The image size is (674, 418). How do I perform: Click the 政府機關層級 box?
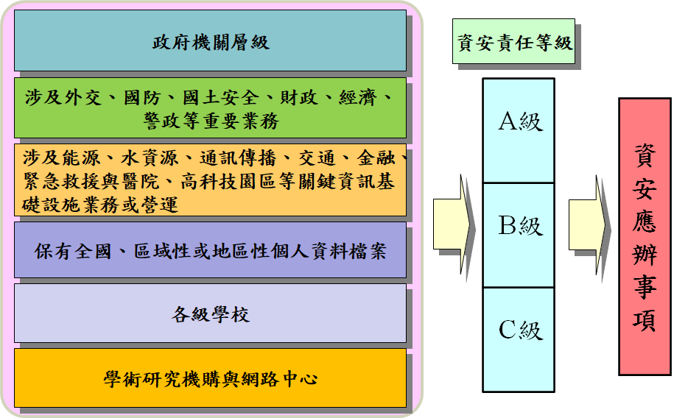pyautogui.click(x=211, y=41)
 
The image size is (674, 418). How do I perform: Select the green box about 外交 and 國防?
pyautogui.click(x=211, y=108)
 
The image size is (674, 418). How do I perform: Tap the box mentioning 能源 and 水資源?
pyautogui.click(x=211, y=180)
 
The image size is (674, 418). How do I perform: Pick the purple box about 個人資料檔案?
pyautogui.click(x=211, y=250)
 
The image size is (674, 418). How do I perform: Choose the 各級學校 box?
pyautogui.click(x=211, y=315)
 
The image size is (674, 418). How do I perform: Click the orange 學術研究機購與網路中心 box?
pyautogui.click(x=211, y=378)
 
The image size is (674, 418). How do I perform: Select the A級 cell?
pyautogui.click(x=519, y=122)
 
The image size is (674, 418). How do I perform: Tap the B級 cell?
pyautogui.click(x=519, y=226)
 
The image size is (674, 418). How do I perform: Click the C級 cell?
pyautogui.click(x=519, y=330)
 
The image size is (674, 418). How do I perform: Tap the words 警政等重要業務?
pyautogui.click(x=211, y=121)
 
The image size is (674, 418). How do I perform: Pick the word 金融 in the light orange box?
pyautogui.click(x=375, y=158)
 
